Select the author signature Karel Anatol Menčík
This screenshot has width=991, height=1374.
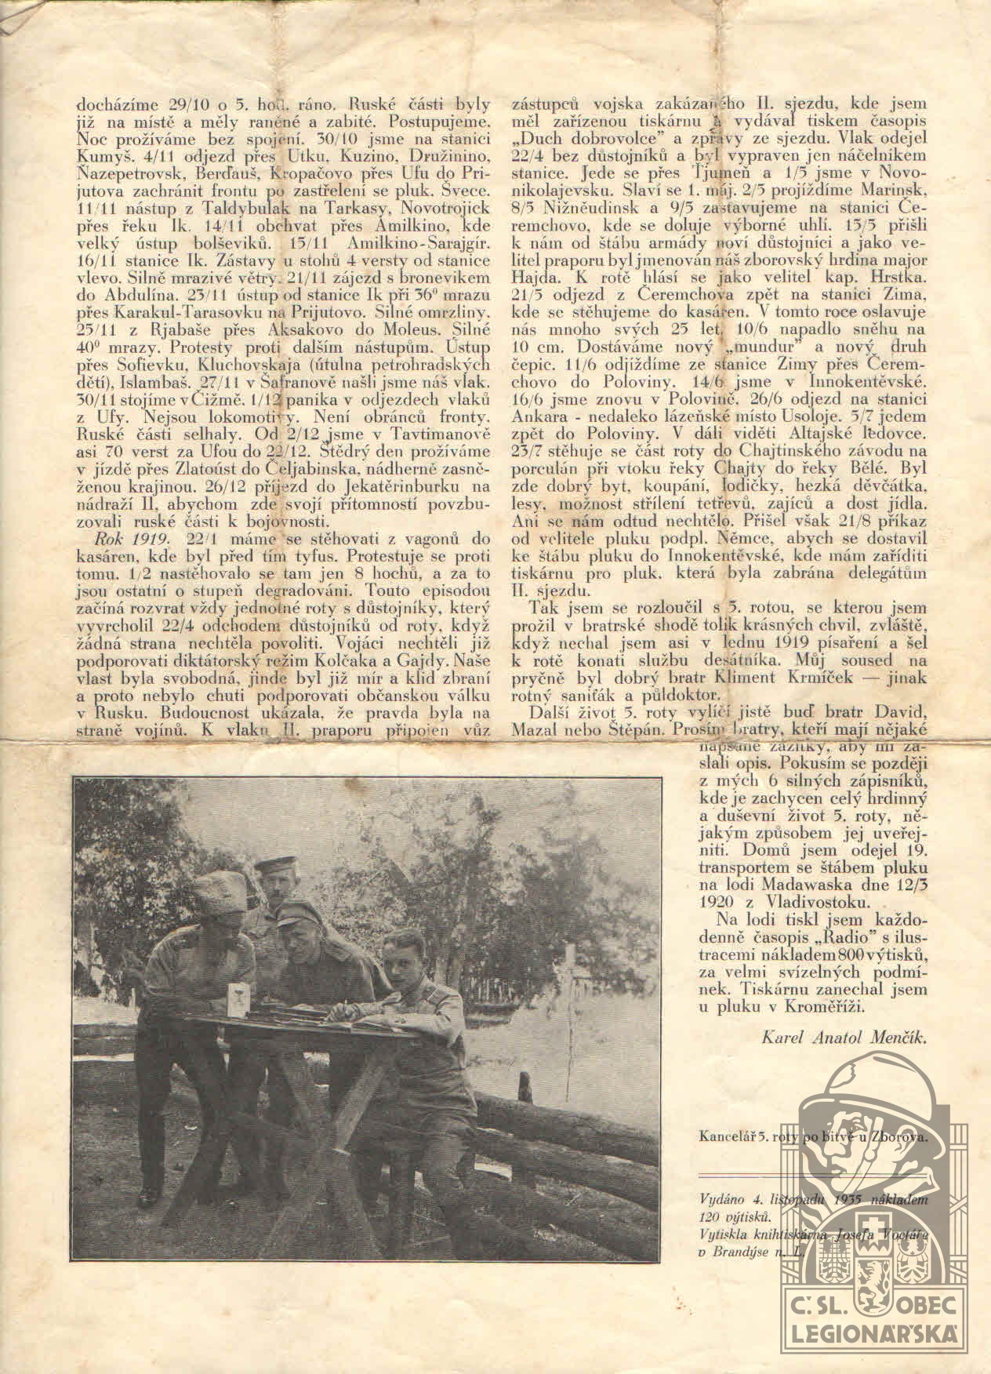pos(843,1038)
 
